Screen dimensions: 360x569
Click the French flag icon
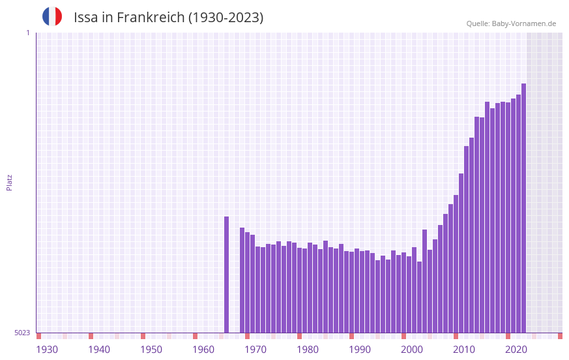point(52,16)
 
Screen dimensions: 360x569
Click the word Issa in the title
point(87,18)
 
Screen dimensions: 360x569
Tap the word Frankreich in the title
point(150,18)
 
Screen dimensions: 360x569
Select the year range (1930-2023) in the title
point(226,18)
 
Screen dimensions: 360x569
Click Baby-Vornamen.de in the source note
point(524,23)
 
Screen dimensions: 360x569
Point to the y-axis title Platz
point(9,182)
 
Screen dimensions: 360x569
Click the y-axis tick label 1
point(27,33)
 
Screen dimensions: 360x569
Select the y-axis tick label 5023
point(22,333)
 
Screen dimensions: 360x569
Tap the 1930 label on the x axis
point(47,350)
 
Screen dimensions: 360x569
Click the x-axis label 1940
point(99,350)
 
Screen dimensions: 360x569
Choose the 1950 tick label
point(151,350)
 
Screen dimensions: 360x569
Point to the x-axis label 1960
point(203,350)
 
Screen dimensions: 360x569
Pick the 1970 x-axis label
point(255,350)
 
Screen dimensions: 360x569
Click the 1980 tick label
point(308,350)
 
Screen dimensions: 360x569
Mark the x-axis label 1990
point(360,350)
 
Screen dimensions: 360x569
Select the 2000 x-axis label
point(412,350)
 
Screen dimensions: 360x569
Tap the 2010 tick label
point(464,350)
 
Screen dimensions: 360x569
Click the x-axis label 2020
point(516,350)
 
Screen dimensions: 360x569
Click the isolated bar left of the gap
point(227,274)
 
